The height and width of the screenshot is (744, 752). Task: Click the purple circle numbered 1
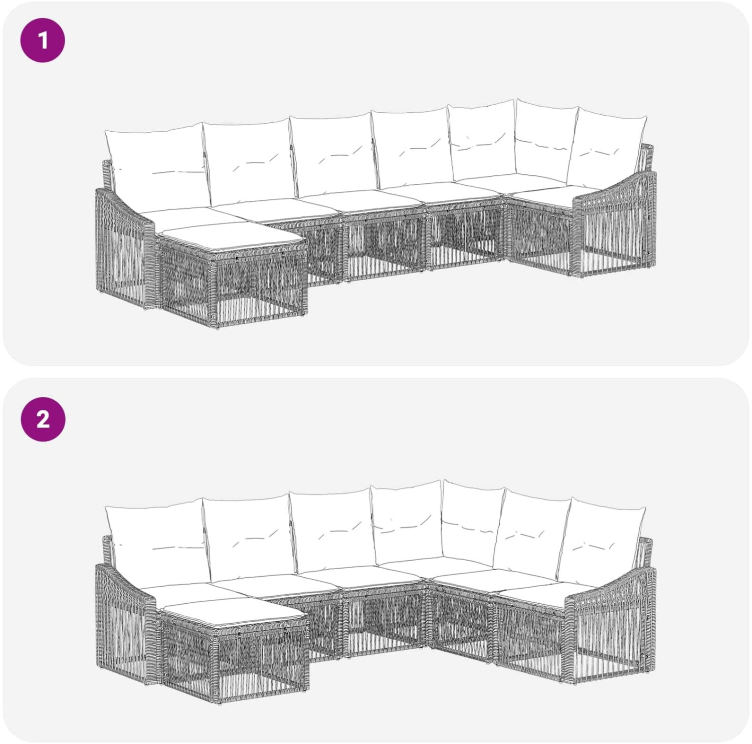(x=43, y=41)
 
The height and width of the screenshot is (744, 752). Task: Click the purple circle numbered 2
(x=43, y=419)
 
